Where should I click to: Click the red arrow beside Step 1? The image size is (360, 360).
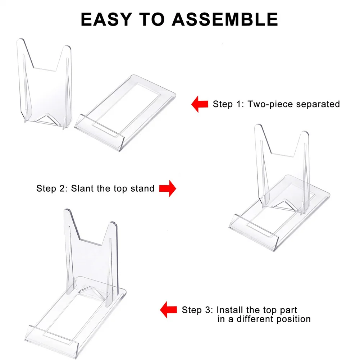coord(200,104)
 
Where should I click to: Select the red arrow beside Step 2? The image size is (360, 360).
coord(167,188)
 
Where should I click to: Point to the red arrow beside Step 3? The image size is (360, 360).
coord(169,310)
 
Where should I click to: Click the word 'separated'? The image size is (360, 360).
coord(318,104)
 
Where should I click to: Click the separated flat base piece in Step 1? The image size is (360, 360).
coord(126,111)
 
